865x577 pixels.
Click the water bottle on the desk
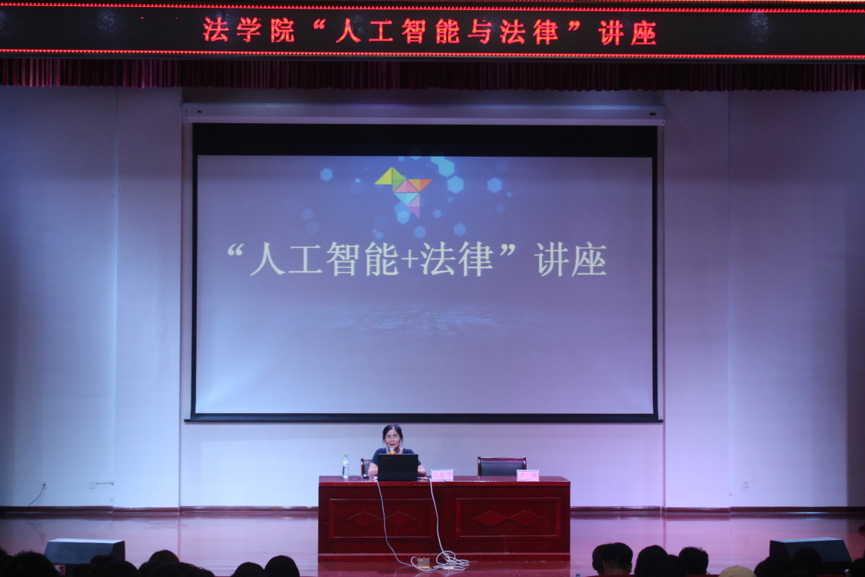coord(345,466)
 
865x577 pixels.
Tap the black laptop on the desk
coord(398,467)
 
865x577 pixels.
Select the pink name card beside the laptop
coord(442,475)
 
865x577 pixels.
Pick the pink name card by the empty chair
coord(527,475)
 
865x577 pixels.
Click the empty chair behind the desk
coord(501,465)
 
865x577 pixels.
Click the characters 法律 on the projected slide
coord(457,260)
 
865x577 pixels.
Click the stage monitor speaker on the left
coord(85,551)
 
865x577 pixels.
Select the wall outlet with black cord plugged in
coord(43,485)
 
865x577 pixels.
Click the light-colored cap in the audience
coord(737,572)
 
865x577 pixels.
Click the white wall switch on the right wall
coord(744,485)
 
